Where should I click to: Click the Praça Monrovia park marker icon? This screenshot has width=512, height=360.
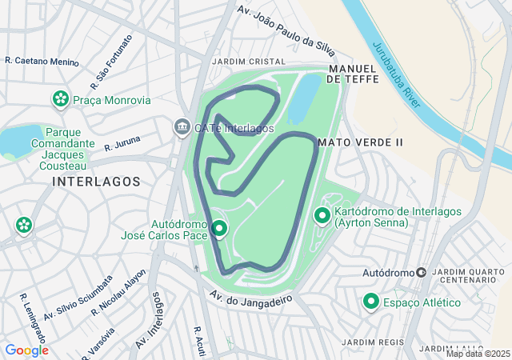tap(60, 100)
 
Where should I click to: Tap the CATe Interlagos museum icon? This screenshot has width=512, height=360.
tap(182, 127)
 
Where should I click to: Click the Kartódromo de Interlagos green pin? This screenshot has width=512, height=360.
tap(322, 215)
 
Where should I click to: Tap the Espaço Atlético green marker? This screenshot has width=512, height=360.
tap(371, 302)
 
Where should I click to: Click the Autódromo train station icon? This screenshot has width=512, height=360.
tap(421, 273)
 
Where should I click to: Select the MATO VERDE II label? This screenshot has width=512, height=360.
tap(360, 142)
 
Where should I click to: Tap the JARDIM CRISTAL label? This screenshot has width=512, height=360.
tap(248, 62)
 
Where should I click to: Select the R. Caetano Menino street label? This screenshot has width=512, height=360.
tap(42, 61)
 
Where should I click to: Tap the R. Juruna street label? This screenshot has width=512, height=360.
tap(122, 143)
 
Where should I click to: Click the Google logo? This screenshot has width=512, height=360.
tap(26, 350)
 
